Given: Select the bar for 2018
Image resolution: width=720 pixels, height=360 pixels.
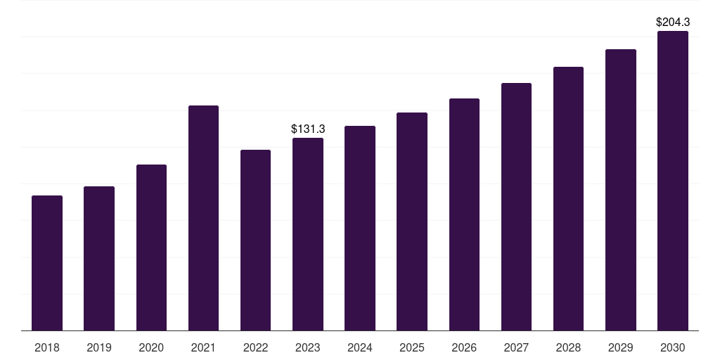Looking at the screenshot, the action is pyautogui.click(x=47, y=263).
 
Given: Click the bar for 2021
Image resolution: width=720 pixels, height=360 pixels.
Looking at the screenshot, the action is pyautogui.click(x=203, y=218).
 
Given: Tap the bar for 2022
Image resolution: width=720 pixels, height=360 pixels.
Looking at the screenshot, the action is pyautogui.click(x=255, y=240).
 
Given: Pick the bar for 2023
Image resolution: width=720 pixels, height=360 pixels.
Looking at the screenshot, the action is pyautogui.click(x=308, y=234).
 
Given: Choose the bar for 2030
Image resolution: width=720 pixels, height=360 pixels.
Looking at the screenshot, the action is pyautogui.click(x=673, y=181).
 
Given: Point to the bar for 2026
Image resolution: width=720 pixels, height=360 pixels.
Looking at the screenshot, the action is pyautogui.click(x=464, y=214).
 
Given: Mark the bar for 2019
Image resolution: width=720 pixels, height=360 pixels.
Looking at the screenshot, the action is pyautogui.click(x=98, y=259).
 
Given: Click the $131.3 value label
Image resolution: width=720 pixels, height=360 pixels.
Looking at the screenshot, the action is pyautogui.click(x=308, y=129).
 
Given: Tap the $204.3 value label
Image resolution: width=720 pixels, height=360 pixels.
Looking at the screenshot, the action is pyautogui.click(x=673, y=22).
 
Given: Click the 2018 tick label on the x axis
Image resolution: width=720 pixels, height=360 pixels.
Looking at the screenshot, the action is pyautogui.click(x=47, y=347).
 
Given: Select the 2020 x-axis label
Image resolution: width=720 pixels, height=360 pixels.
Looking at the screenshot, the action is pyautogui.click(x=151, y=347).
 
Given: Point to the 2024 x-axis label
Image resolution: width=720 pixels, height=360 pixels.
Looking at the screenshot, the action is pyautogui.click(x=360, y=347).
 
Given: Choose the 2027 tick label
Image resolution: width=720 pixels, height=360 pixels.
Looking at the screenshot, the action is pyautogui.click(x=516, y=347).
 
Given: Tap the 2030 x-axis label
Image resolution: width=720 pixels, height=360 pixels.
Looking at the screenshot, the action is pyautogui.click(x=673, y=347).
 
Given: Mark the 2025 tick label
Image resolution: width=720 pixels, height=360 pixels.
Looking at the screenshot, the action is pyautogui.click(x=412, y=347).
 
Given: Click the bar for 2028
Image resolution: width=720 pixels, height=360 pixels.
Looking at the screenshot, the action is pyautogui.click(x=568, y=199).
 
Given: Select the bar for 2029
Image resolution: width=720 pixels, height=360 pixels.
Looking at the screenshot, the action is pyautogui.click(x=621, y=190).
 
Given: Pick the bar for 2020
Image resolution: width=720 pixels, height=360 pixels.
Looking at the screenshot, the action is pyautogui.click(x=152, y=247).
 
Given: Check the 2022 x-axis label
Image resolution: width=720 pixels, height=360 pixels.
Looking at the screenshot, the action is pyautogui.click(x=255, y=347).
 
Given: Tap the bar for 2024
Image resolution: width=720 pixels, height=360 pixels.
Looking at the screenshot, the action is pyautogui.click(x=360, y=229).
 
